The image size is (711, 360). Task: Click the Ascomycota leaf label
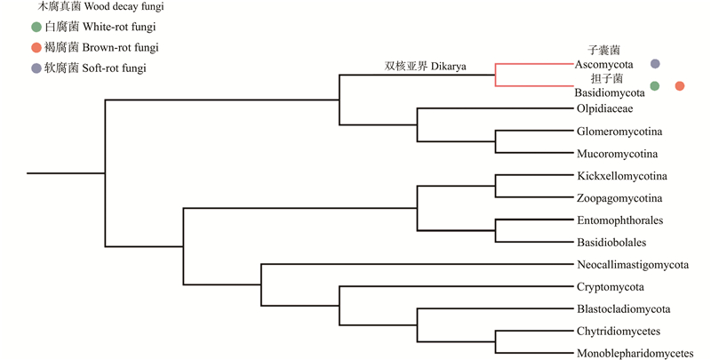click(x=609, y=64)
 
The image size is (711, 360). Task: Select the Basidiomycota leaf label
click(x=609, y=92)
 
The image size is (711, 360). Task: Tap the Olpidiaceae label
click(x=604, y=108)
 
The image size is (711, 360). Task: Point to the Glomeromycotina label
click(x=619, y=132)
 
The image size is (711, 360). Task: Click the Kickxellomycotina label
click(x=621, y=175)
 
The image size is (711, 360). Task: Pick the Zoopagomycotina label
click(x=619, y=197)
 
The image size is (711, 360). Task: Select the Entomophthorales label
click(x=619, y=220)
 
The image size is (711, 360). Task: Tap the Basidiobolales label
click(x=611, y=242)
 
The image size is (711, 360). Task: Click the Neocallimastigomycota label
click(x=633, y=264)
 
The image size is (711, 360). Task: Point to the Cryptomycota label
click(x=610, y=286)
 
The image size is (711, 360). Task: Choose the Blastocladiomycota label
click(x=623, y=308)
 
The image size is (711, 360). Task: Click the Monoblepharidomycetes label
click(x=635, y=353)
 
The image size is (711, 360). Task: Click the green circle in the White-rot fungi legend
click(x=35, y=28)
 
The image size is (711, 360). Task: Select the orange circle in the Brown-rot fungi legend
click(x=35, y=47)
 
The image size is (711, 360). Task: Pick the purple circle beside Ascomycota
click(x=655, y=64)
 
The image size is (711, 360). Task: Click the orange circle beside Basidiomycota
click(x=679, y=86)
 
